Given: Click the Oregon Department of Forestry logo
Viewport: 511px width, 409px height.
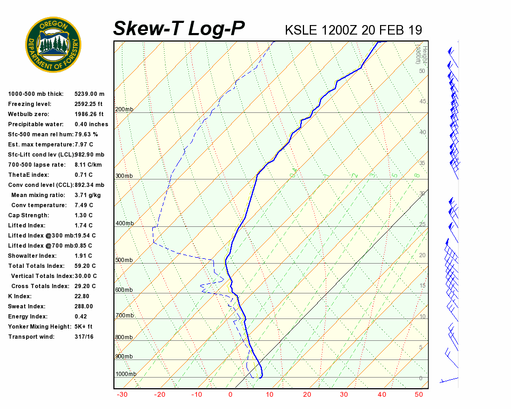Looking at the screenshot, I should coord(53,44).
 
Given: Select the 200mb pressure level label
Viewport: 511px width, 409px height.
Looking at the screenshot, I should coord(124,110).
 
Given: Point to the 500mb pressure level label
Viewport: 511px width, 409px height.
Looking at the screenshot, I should coord(124,260).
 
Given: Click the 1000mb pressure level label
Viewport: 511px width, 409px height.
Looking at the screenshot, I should coord(126,374).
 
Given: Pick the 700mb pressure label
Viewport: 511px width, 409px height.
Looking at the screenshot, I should coord(124,316).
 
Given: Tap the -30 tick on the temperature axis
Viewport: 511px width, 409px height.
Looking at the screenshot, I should coord(122,395).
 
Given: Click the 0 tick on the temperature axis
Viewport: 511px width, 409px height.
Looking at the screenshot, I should coord(230,395).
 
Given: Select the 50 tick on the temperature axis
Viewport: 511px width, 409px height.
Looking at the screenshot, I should coord(419,395).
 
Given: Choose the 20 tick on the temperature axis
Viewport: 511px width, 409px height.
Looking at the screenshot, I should coord(307,395).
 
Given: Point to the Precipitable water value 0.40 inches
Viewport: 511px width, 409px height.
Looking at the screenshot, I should coord(91,124).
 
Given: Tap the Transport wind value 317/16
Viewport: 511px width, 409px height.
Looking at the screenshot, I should coord(84,337).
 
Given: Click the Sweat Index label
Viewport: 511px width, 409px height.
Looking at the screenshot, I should coord(27,306).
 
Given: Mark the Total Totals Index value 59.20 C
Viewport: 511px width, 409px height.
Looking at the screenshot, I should coord(85,266).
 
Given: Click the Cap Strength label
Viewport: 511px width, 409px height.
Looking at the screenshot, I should coord(28,215).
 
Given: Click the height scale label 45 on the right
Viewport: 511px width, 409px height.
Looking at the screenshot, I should coord(423,102).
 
